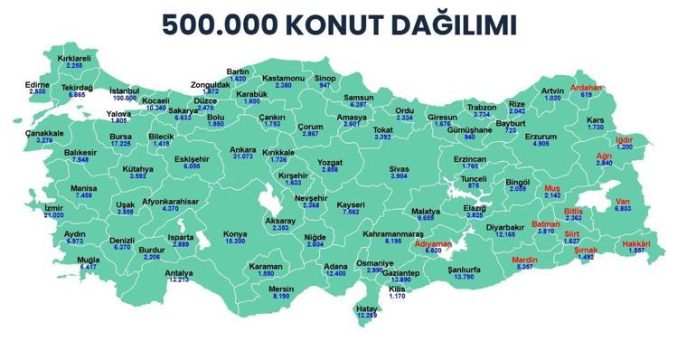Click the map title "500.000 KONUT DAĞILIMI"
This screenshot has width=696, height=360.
pos(340,25)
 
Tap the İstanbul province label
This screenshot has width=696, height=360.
pos(125,90)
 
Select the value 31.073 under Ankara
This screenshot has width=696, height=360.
pos(242,156)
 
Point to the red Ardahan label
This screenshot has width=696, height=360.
pos(587,88)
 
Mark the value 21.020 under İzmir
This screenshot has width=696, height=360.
pos(54,215)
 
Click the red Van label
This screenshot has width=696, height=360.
pos(623,201)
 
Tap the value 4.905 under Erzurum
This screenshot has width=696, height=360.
pos(541,143)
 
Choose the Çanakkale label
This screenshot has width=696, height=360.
pos(44,133)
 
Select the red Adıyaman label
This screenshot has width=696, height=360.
pos(433,244)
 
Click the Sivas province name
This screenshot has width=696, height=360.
pos(399,168)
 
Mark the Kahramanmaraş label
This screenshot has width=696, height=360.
pos(393,233)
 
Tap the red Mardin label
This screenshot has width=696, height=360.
pos(525,260)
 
